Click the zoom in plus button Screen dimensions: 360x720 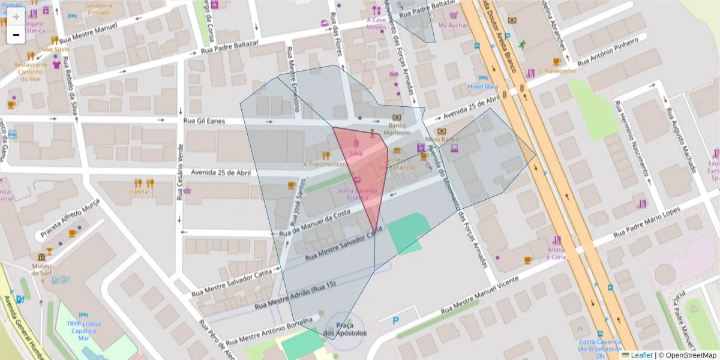tap(16, 17)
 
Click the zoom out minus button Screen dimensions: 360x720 tap(16, 35)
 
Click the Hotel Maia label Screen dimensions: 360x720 tap(483, 86)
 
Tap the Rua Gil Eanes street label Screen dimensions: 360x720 tap(205, 121)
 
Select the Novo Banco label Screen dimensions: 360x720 tap(442, 139)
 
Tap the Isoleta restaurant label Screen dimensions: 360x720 tap(138, 192)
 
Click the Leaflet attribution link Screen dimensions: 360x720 tap(641, 355)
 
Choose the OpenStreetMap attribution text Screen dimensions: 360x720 tap(687, 355)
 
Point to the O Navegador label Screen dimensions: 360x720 tap(557, 71)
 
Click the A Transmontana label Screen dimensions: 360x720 tap(325, 164)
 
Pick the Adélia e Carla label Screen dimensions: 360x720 tap(556, 253)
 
